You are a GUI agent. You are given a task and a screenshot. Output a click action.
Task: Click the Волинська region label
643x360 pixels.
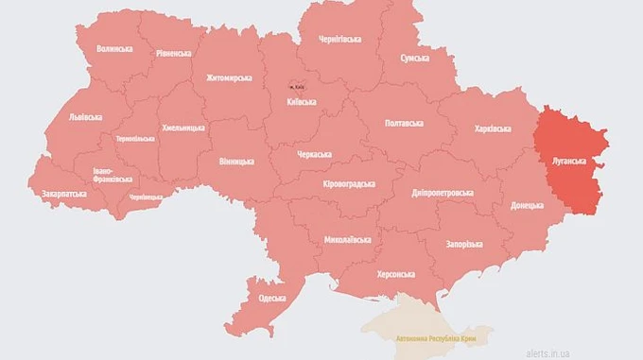click(114, 48)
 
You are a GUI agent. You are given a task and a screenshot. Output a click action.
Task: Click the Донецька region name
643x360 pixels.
click(527, 205)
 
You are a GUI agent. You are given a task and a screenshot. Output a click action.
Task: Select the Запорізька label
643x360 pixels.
click(461, 244)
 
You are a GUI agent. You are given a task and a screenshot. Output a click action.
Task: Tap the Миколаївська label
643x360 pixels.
click(347, 239)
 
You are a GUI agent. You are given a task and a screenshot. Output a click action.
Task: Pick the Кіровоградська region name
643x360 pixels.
click(348, 184)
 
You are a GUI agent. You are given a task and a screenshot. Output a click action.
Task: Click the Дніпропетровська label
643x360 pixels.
click(442, 193)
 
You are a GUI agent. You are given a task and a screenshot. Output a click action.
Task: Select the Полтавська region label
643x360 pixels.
click(409, 124)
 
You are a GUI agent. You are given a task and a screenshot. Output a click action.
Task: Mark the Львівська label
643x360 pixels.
click(87, 118)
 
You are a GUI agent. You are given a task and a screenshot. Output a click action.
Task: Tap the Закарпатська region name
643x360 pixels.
click(64, 194)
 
